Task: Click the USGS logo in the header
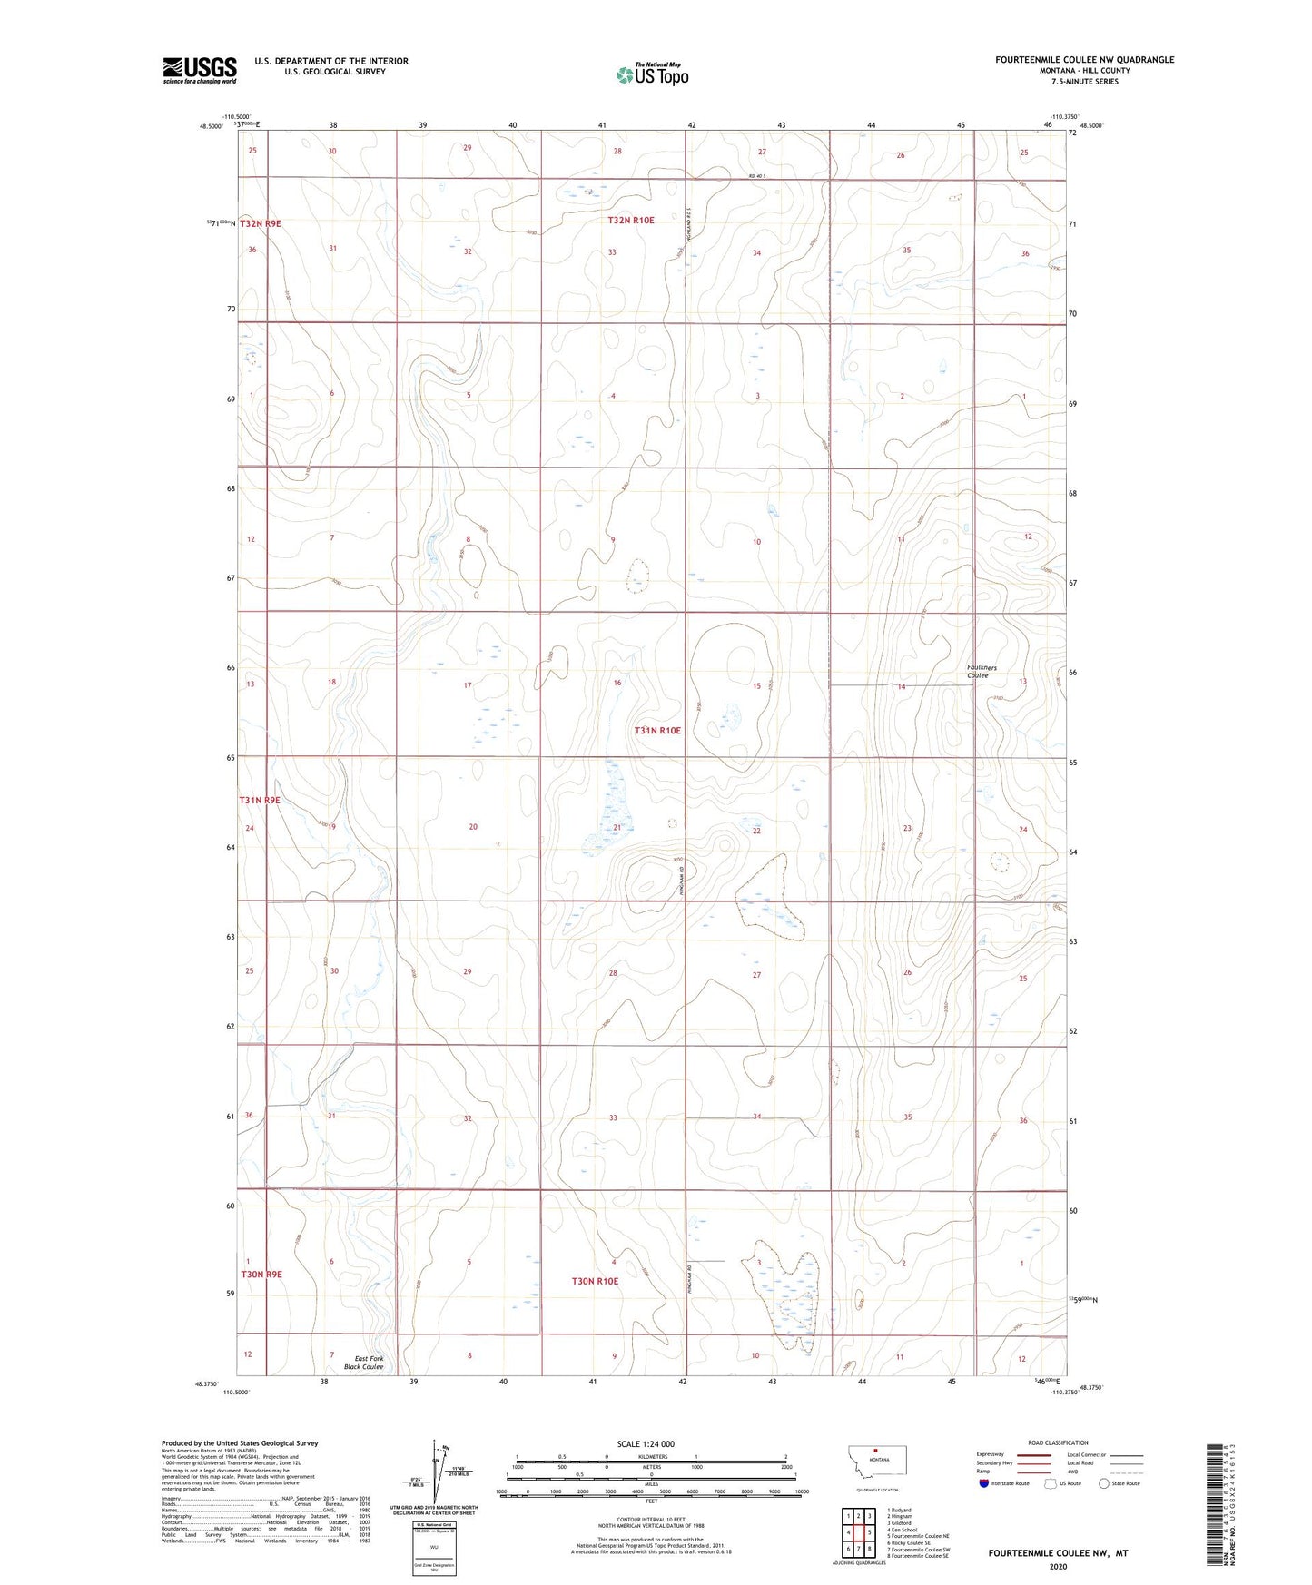(200, 70)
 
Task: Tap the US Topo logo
(652, 74)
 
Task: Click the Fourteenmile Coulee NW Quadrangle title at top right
(1084, 60)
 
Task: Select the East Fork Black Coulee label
(363, 1363)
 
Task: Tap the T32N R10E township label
(631, 221)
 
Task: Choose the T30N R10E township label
(595, 1281)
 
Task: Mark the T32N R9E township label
(261, 223)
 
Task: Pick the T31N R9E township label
(260, 801)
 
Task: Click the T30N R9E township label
(261, 1275)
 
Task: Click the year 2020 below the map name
(1058, 1566)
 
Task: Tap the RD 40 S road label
(757, 176)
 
